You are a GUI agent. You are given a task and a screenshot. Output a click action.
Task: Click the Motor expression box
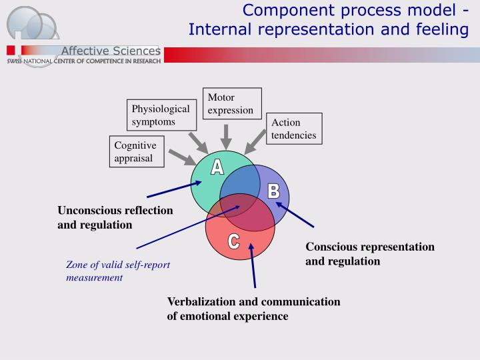[x=232, y=104]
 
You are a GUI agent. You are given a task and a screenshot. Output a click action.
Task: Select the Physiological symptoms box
[x=161, y=115]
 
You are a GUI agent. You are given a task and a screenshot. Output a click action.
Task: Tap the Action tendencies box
[x=293, y=129]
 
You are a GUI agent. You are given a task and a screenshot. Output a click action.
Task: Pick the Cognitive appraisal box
[x=135, y=152]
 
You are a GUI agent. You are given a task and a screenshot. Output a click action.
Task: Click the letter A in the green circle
[x=217, y=167]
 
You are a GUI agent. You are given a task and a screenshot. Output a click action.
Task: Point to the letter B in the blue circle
[x=273, y=191]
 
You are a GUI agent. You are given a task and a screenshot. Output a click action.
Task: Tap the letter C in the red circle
[x=234, y=242]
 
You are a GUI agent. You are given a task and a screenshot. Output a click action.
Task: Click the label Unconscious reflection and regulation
[x=115, y=218]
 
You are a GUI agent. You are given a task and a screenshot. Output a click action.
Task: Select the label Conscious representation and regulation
[x=369, y=254]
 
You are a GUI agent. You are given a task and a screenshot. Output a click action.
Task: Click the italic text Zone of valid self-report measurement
[x=117, y=271]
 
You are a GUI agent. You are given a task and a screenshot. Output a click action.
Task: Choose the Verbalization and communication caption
[x=253, y=309]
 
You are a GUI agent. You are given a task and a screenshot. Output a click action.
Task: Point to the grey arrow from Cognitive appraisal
[x=181, y=157]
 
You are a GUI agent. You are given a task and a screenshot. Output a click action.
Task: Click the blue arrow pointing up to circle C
[x=253, y=267]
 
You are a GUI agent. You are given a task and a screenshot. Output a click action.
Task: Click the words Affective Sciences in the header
[x=111, y=51]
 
